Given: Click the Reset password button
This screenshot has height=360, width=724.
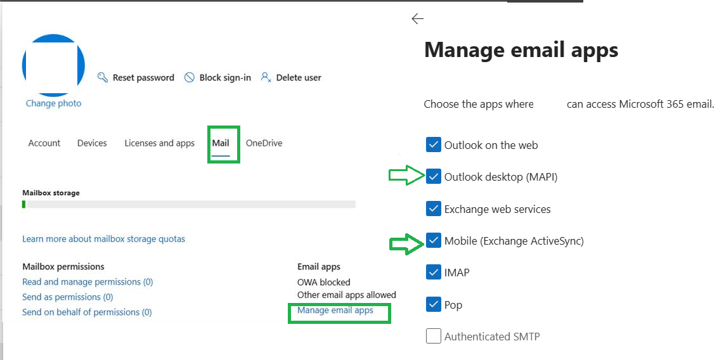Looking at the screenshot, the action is pyautogui.click(x=136, y=77).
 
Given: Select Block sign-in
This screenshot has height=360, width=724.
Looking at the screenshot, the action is pyautogui.click(x=217, y=77).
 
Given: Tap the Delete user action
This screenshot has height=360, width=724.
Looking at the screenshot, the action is pyautogui.click(x=291, y=77).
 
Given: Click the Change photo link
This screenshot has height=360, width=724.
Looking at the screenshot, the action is pyautogui.click(x=53, y=103).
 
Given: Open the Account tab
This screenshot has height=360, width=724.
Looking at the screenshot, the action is pyautogui.click(x=44, y=143).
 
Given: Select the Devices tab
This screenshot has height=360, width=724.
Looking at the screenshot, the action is pyautogui.click(x=92, y=143).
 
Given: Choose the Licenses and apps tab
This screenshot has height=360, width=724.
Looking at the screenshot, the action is pyautogui.click(x=159, y=143).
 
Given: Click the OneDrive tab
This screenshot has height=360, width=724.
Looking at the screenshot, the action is pyautogui.click(x=264, y=143).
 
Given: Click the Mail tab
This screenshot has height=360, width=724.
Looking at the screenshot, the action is pyautogui.click(x=221, y=143).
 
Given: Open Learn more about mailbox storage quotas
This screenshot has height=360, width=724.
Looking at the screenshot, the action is pyautogui.click(x=103, y=239).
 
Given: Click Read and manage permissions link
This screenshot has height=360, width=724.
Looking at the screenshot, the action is pyautogui.click(x=87, y=281).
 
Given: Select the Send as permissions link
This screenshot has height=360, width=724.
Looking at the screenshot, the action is pyautogui.click(x=67, y=297).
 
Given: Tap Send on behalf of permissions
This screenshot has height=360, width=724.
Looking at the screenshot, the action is pyautogui.click(x=87, y=312).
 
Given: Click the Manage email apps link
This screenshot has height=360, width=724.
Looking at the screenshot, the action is pyautogui.click(x=335, y=310).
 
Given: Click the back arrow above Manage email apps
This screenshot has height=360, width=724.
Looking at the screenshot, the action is pyautogui.click(x=417, y=18).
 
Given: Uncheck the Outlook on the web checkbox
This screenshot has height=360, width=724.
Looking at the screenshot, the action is pyautogui.click(x=434, y=145).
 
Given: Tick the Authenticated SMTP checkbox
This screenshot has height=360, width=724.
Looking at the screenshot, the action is pyautogui.click(x=434, y=337).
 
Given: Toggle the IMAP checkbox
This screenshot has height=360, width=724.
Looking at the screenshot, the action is pyautogui.click(x=434, y=273).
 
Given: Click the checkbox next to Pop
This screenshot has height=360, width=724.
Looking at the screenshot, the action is pyautogui.click(x=434, y=305).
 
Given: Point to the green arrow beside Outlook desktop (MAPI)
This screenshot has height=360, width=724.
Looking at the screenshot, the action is pyautogui.click(x=407, y=176).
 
